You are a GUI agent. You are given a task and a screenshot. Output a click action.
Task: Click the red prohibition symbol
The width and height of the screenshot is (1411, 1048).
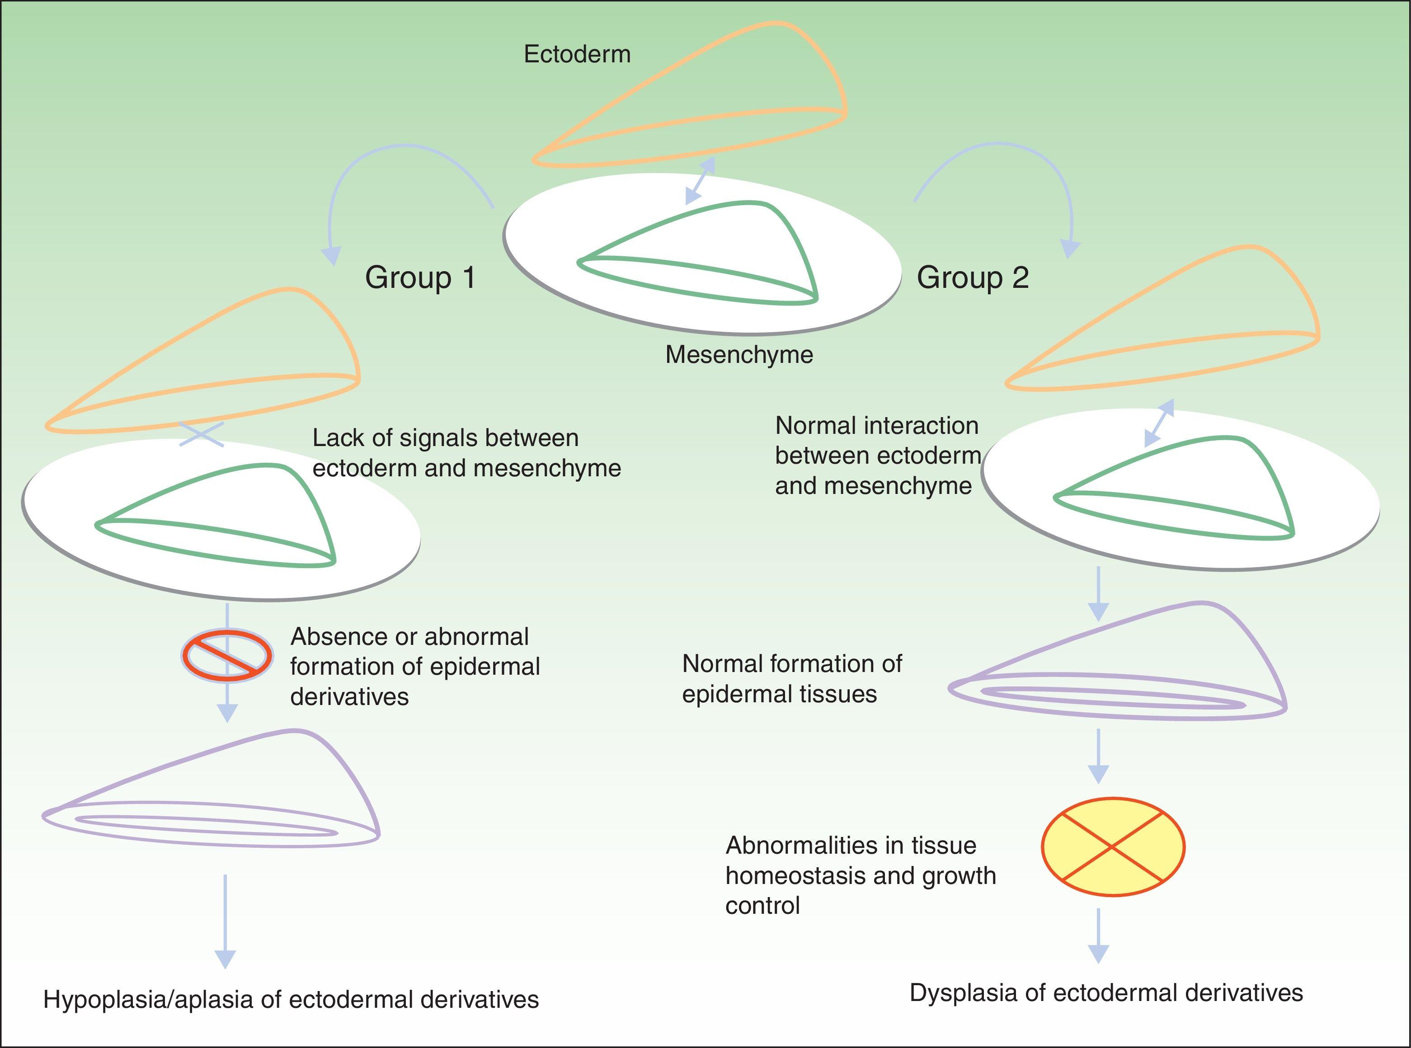coord(227,655)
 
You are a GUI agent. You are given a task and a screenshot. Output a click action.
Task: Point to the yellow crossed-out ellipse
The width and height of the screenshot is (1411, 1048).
coord(1112,846)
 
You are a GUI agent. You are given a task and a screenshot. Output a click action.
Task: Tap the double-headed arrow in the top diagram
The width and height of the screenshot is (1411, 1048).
coord(701,181)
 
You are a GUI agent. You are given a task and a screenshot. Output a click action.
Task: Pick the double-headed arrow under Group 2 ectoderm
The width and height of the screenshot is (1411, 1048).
coord(1159,423)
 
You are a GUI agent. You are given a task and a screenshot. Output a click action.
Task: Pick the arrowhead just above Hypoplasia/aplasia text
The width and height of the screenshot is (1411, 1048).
coord(225,959)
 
